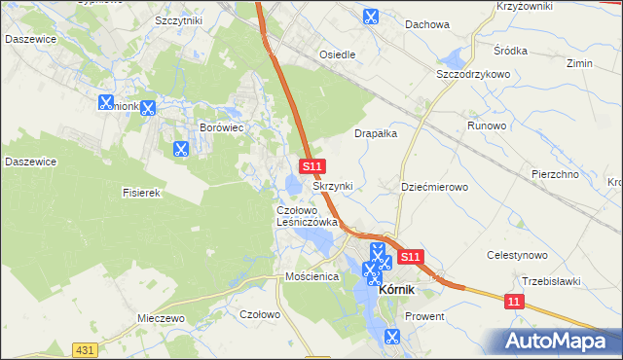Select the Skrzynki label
point(333,186)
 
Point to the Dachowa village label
point(427,24)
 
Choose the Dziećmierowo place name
point(435,186)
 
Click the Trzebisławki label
point(550,281)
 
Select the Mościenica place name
point(311,277)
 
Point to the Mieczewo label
point(161,318)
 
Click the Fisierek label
point(141,193)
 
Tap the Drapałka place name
point(379,134)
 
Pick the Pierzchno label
point(555,174)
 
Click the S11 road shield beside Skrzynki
point(311,167)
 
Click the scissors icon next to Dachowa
point(370,17)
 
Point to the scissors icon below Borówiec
point(180,150)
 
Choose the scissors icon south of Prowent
point(391,338)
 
